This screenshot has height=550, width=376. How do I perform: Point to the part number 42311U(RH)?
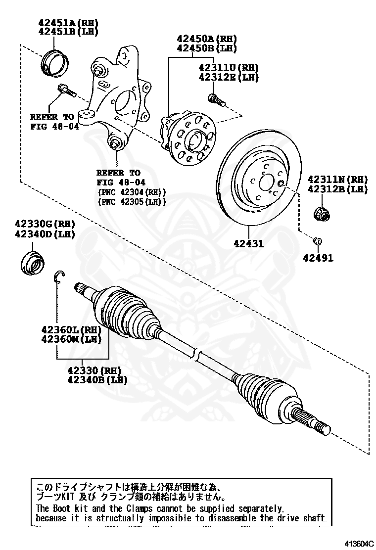click(229, 68)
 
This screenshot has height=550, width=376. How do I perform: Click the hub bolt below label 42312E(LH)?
click(216, 100)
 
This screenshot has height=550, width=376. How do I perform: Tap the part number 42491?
click(318, 258)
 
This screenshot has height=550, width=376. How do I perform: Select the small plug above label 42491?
click(318, 241)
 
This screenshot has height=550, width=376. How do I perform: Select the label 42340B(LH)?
click(97, 380)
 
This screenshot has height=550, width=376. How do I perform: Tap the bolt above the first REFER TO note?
click(65, 91)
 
